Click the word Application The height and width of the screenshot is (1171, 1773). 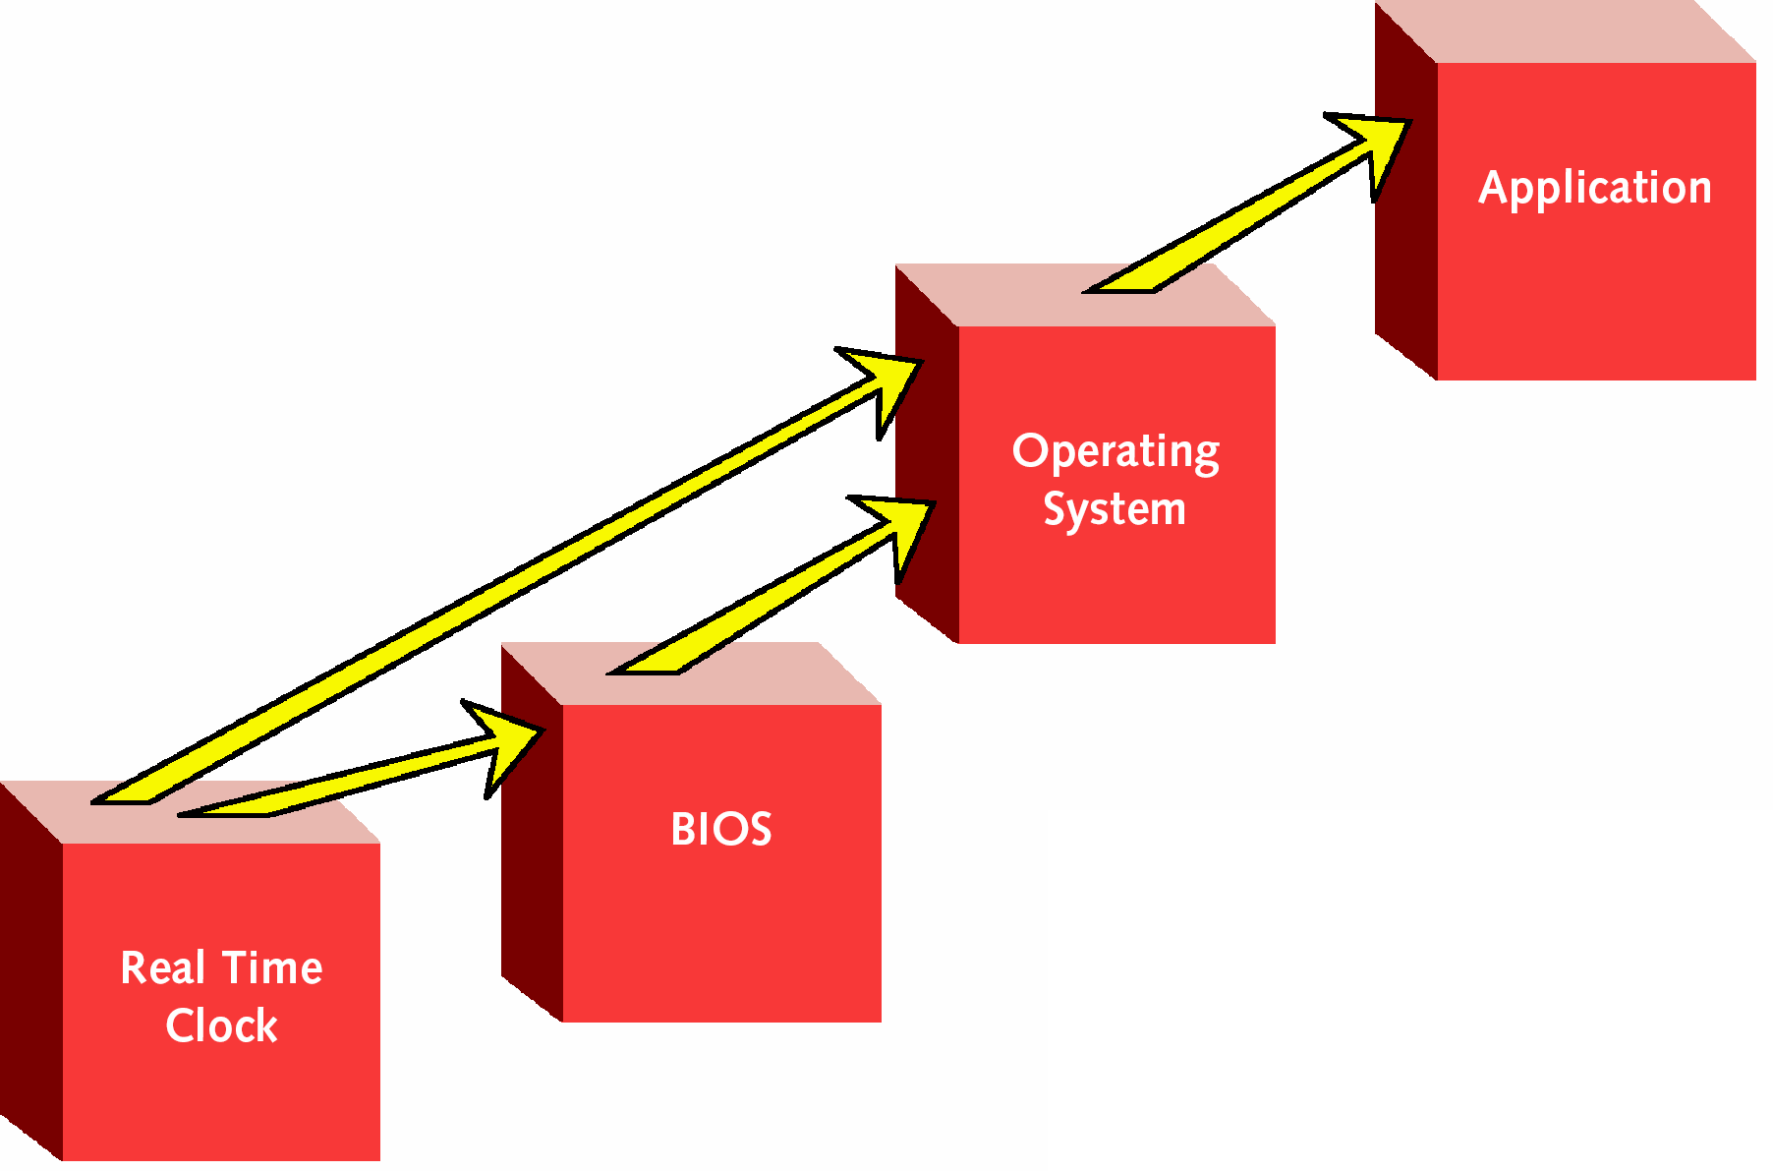1595,188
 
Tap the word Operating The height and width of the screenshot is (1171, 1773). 1116,452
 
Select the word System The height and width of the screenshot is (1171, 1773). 1115,509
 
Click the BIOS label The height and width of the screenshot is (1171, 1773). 721,829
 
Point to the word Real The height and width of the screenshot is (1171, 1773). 162,967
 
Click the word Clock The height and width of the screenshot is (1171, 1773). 222,1025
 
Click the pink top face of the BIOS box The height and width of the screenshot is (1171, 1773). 691,673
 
